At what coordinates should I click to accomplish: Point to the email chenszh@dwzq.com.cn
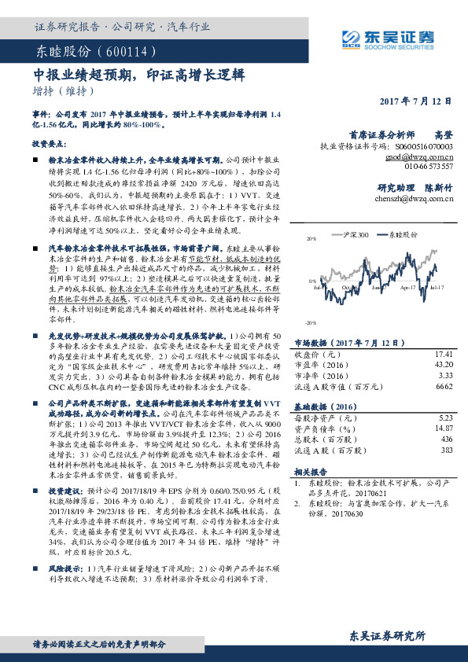coord(415,199)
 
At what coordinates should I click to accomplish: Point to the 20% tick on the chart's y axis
coord(311,237)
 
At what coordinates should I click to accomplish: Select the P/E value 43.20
coord(444,365)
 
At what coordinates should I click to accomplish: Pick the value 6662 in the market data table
coord(444,386)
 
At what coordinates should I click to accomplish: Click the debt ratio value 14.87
coord(444,428)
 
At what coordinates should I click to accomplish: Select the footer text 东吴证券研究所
coord(387,634)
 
